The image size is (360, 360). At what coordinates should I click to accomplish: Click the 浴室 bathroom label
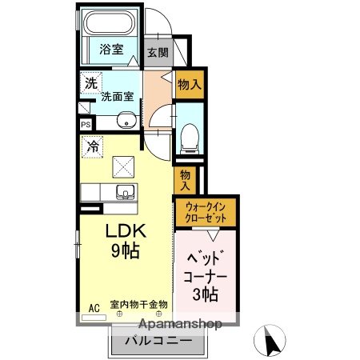tap(110, 50)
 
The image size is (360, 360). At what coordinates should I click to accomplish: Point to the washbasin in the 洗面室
tap(126, 121)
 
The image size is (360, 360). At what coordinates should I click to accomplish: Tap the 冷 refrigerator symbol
tap(93, 146)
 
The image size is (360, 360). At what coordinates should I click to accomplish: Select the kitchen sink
tap(124, 193)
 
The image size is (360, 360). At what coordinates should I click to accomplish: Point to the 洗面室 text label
tap(118, 98)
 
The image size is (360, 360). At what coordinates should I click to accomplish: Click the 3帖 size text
tap(206, 294)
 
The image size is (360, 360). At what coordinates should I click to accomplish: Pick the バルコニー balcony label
tap(158, 342)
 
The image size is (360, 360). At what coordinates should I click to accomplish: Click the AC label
tap(94, 307)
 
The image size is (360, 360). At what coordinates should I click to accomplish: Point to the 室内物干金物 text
tap(138, 304)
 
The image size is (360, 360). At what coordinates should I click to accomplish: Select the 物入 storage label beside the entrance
tap(189, 82)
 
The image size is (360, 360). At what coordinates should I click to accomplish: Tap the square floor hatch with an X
tap(123, 166)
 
